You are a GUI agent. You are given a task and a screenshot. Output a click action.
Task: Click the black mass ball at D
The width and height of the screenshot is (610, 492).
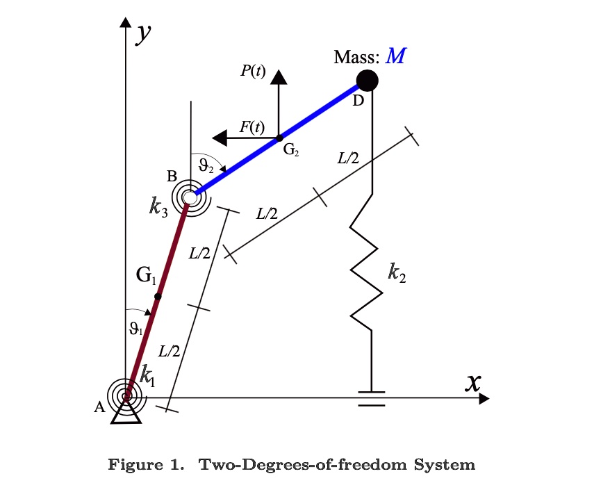[x=367, y=81]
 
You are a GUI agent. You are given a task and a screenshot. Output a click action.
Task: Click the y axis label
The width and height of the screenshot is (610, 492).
[x=144, y=32]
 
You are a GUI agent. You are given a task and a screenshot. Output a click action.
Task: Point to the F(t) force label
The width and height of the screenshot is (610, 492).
[x=252, y=126]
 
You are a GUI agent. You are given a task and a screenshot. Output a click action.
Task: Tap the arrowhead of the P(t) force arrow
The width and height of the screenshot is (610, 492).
[x=279, y=77]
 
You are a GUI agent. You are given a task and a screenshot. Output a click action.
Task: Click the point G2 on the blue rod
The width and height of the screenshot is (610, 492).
[x=279, y=138]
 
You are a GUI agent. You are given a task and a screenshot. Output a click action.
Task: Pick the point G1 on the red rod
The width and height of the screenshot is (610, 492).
[x=158, y=297]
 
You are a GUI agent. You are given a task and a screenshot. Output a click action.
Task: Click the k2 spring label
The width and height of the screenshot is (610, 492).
[x=397, y=273]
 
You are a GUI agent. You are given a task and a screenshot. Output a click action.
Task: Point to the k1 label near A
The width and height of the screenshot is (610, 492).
[x=148, y=376]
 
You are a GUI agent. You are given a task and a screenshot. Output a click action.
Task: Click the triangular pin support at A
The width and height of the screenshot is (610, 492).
[x=127, y=413]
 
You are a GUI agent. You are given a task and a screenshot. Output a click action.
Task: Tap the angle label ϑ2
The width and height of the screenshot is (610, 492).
[x=206, y=165]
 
